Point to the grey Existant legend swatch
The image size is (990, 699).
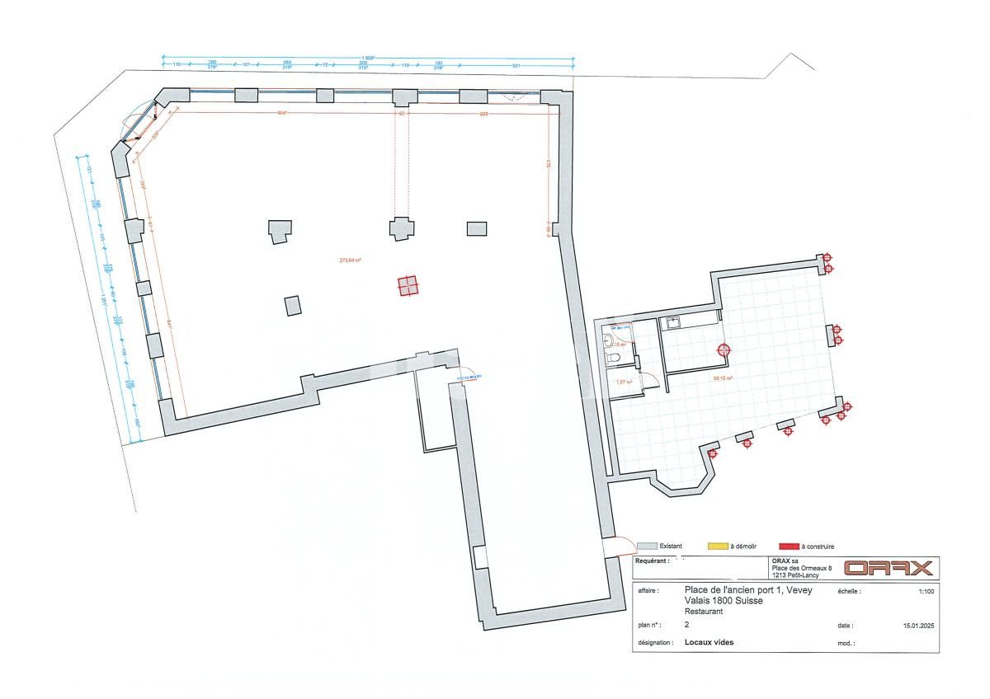coord(647,546)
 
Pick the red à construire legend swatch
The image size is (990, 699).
coord(789,546)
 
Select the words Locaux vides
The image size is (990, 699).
coord(709,642)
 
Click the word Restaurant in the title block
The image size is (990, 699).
coord(704,612)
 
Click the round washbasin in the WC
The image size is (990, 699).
coord(609,338)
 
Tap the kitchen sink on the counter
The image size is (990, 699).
coord(674,323)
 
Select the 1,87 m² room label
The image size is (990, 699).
coord(624,382)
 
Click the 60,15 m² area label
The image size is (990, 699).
coord(724,378)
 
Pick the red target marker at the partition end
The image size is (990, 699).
coord(724,350)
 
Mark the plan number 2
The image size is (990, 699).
coord(687,626)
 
